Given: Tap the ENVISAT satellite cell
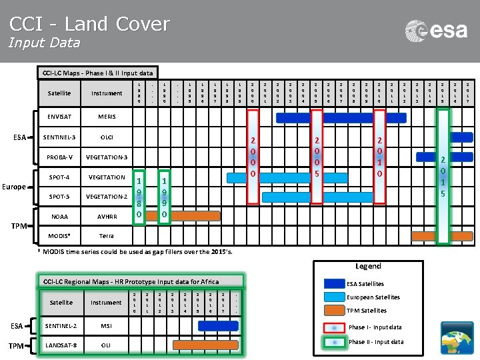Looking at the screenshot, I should pyautogui.click(x=59, y=117).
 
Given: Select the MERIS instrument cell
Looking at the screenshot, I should pyautogui.click(x=107, y=117).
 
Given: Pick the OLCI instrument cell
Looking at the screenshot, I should pyautogui.click(x=107, y=137).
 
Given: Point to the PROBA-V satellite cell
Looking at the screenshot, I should pyautogui.click(x=59, y=157).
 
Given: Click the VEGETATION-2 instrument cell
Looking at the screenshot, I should pyautogui.click(x=107, y=197).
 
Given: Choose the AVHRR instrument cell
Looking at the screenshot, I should pyautogui.click(x=107, y=217).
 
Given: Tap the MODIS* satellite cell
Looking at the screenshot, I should pyautogui.click(x=59, y=236).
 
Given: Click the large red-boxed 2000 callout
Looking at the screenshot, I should pyautogui.click(x=253, y=157).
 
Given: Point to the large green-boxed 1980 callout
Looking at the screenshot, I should pyautogui.click(x=138, y=197).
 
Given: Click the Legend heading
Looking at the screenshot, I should pyautogui.click(x=368, y=265).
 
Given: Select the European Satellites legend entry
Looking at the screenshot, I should pyautogui.click(x=373, y=297).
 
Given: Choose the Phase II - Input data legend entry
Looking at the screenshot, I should pyautogui.click(x=375, y=342).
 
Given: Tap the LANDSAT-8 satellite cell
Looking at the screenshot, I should pyautogui.click(x=61, y=345).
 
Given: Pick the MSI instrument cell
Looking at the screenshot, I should pyautogui.click(x=107, y=325).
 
